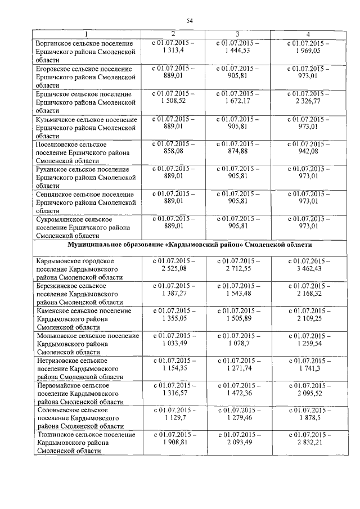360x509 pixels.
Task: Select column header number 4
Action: coord(307,35)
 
